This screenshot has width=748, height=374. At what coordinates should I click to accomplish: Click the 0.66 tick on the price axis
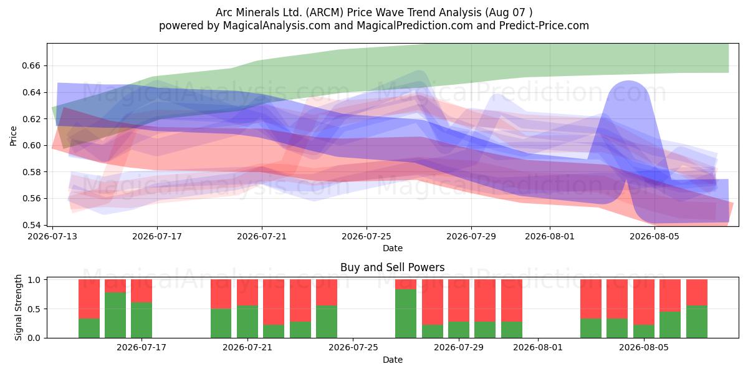point(31,65)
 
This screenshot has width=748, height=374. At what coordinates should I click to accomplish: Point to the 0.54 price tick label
point(31,225)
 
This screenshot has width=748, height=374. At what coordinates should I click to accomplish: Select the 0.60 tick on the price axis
point(31,145)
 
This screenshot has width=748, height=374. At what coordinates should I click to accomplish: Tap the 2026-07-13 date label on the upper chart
point(52,236)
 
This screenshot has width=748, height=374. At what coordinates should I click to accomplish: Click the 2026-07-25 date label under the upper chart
point(367,236)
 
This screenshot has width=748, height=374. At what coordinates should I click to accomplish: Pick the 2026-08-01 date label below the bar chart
point(538,347)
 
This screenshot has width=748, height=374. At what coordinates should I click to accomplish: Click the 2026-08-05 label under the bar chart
point(644,347)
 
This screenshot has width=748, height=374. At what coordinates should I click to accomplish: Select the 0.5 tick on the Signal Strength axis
point(34,309)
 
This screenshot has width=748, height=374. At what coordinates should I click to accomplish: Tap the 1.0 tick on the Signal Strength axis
point(34,280)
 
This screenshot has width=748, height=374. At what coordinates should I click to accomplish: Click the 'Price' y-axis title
point(13,137)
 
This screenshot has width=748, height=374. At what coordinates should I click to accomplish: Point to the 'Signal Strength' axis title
point(18,307)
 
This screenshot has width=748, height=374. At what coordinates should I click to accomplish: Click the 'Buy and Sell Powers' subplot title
point(392,267)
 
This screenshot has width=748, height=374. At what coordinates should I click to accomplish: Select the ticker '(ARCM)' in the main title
point(325,12)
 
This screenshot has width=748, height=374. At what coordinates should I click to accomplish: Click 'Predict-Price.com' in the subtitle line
point(544,26)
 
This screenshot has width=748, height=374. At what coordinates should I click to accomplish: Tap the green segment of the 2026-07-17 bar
point(141,320)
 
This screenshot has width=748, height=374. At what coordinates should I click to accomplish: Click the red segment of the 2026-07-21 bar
point(247,292)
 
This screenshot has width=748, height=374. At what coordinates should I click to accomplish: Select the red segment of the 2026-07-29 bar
point(459,300)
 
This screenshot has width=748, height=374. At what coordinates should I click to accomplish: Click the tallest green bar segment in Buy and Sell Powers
point(406,314)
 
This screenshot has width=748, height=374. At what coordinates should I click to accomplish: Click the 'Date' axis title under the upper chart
point(392,248)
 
